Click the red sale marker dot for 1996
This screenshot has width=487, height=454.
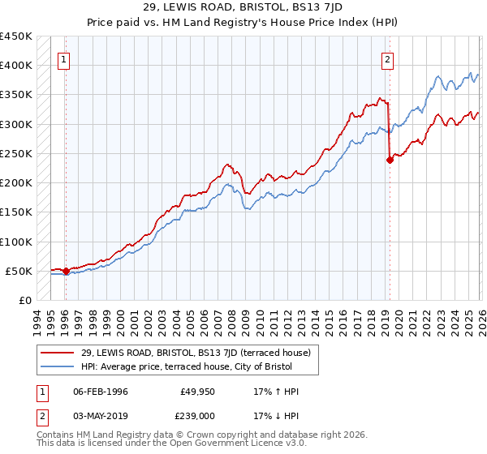coord(66,271)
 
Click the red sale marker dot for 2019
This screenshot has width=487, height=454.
coord(390,160)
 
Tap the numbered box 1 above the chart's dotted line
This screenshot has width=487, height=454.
coord(63,58)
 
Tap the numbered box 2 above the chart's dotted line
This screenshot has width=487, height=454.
coord(388,58)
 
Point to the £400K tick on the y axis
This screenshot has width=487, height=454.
coord(16,66)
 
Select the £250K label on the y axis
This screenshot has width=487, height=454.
coord(16,153)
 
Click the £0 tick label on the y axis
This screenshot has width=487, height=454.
coord(24,300)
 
